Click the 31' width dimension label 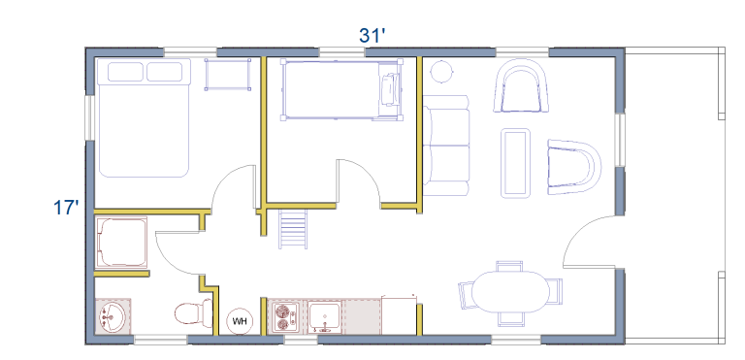(x=372, y=36)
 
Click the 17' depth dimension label (x=66, y=208)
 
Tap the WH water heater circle (x=240, y=321)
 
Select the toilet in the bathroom (x=194, y=312)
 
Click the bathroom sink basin (x=113, y=316)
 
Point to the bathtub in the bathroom (x=122, y=243)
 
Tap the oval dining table (x=510, y=291)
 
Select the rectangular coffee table (x=515, y=163)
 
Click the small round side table (x=442, y=72)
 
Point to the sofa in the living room (x=446, y=145)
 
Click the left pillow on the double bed (x=125, y=72)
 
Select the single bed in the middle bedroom (x=342, y=89)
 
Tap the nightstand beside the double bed (x=228, y=74)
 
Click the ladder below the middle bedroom (x=293, y=229)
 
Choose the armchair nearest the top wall (x=522, y=86)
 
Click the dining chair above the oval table (x=509, y=266)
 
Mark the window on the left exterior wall (x=89, y=118)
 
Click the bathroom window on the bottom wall (x=161, y=340)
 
